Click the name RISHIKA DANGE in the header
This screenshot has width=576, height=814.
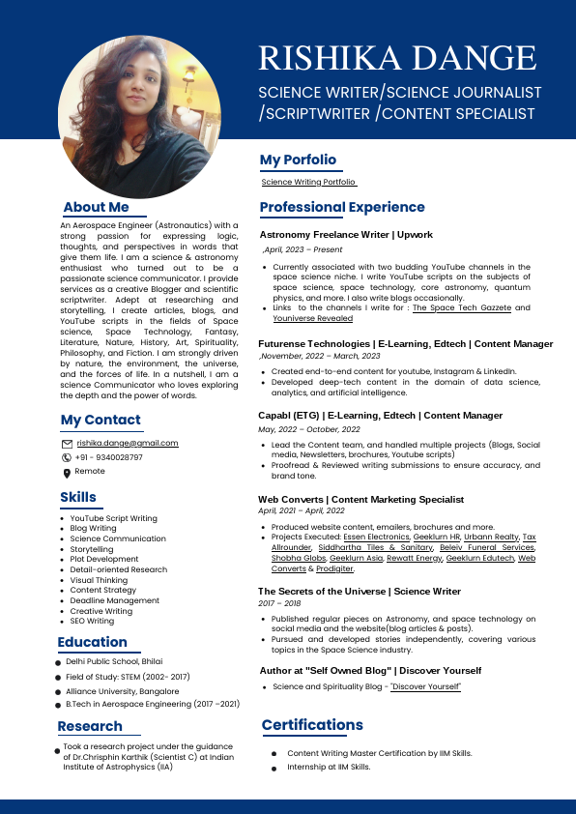tap(397, 59)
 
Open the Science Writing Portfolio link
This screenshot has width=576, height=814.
tap(309, 182)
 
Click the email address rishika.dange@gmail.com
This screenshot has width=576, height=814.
tap(128, 443)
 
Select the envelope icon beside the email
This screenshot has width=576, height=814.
tap(67, 444)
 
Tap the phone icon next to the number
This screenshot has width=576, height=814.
tap(67, 457)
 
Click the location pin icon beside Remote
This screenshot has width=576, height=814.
tap(67, 473)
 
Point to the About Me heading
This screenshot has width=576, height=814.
tap(96, 207)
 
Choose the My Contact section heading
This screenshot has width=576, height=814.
tap(101, 420)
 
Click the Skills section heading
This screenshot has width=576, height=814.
tap(78, 497)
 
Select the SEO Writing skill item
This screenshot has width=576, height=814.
tap(92, 621)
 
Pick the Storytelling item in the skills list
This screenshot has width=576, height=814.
tap(92, 549)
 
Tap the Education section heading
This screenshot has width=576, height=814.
tap(92, 642)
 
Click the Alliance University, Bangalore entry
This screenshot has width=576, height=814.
tap(122, 691)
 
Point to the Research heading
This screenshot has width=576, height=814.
tap(90, 726)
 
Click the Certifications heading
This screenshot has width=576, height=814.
tap(312, 725)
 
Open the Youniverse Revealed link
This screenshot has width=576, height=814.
tap(312, 318)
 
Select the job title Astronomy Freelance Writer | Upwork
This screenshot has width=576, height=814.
tap(346, 235)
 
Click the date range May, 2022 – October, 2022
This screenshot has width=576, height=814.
tap(308, 429)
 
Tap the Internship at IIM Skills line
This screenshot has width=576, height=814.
tap(329, 767)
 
